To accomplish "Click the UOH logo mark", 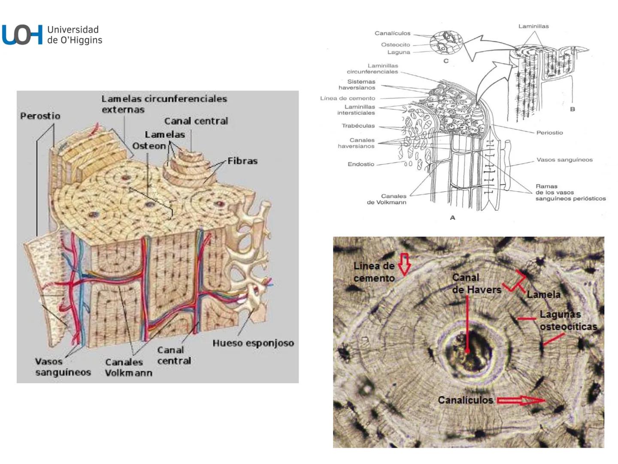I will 22,35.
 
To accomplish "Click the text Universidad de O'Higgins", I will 75,35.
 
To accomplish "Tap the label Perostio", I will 40,116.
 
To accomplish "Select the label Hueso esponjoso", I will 253,343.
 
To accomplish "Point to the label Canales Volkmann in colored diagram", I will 128,367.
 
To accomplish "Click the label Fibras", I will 242,161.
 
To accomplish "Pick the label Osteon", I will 148,146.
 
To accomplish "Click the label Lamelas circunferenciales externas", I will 164,104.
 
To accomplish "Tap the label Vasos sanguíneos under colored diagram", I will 63,367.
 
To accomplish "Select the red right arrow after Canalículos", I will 521,401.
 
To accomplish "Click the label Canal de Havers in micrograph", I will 476,284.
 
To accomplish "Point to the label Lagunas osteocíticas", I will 567,321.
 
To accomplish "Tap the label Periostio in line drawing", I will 549,133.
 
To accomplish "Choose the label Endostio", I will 360,164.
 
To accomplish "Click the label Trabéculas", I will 358,126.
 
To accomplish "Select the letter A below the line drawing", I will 452,218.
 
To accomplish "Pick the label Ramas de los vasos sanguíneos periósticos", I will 570,192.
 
